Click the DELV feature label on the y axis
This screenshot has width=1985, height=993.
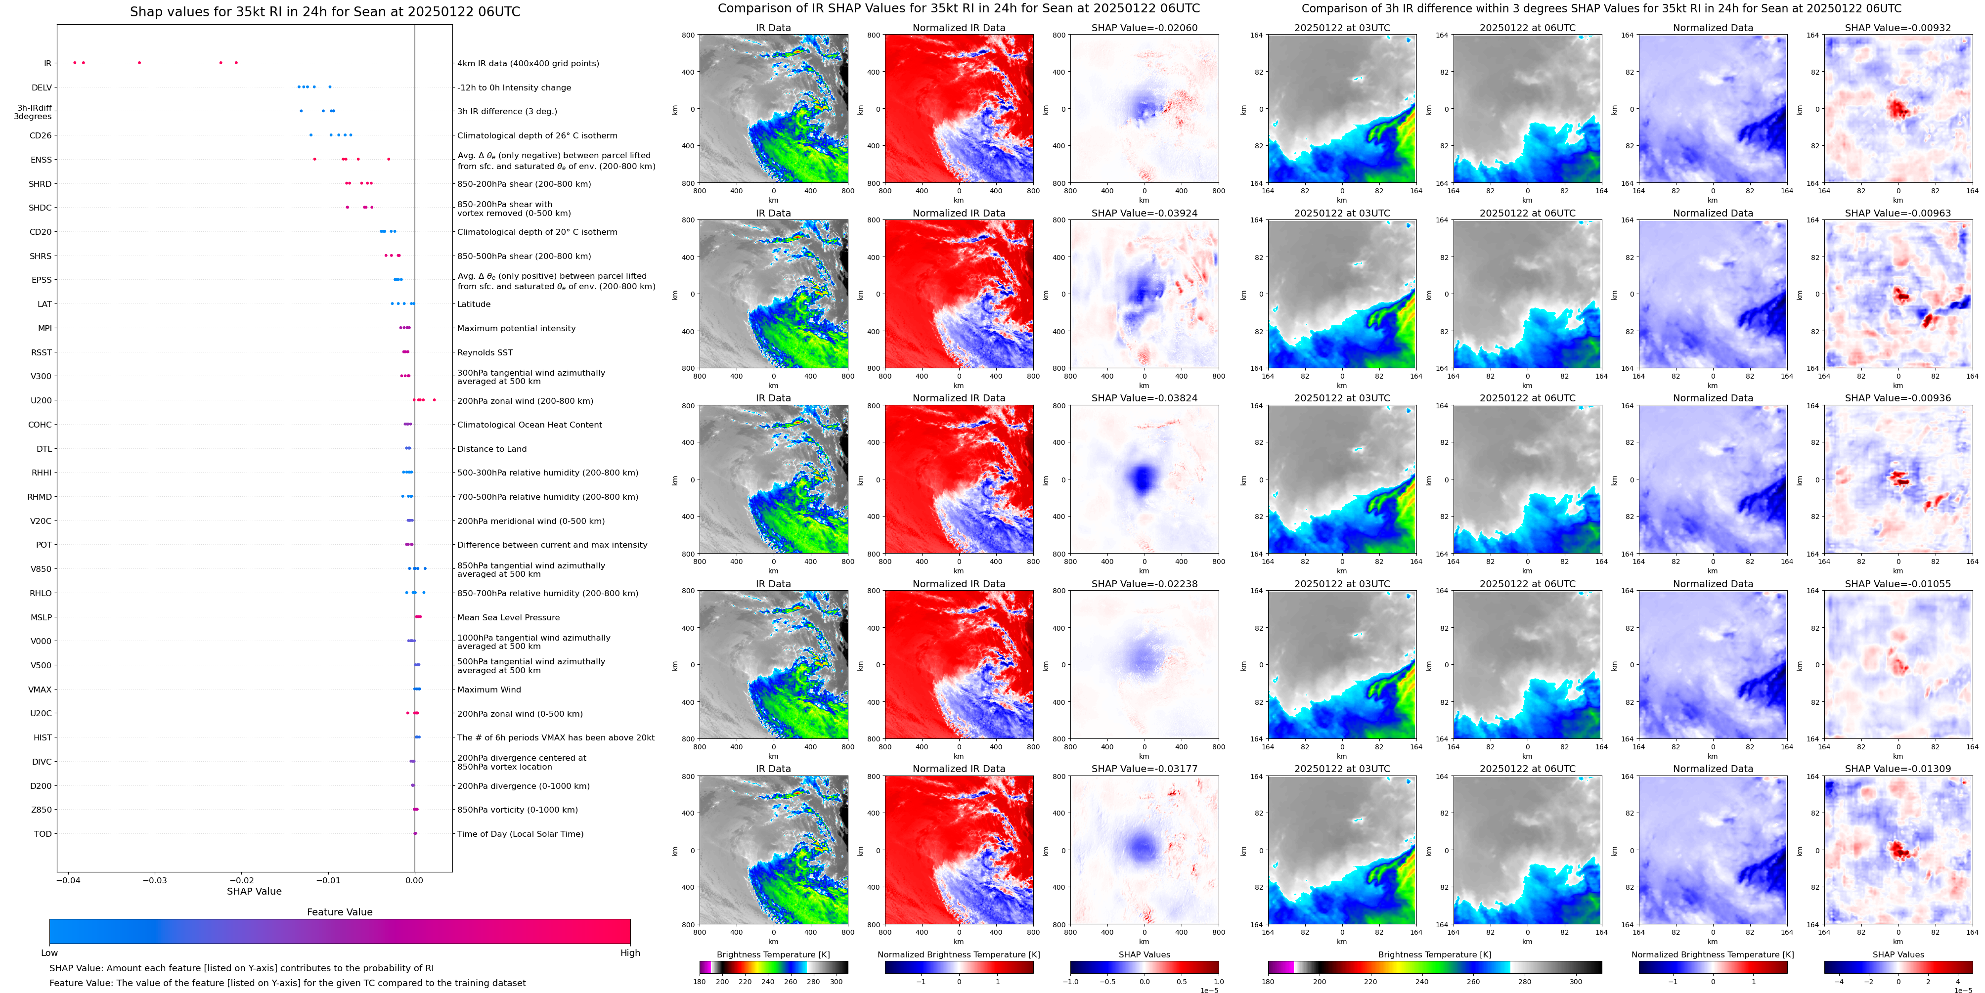(x=42, y=88)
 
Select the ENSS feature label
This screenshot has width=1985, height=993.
(x=42, y=160)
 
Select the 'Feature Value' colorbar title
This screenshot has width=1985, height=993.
(x=339, y=912)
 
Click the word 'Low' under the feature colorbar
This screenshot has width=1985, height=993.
(x=49, y=953)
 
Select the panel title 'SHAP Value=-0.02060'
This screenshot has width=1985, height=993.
(x=1145, y=28)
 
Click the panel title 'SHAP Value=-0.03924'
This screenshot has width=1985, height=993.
(x=1145, y=214)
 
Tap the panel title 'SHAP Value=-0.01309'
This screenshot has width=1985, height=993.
(x=1898, y=769)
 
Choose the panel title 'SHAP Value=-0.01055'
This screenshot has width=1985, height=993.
(x=1898, y=584)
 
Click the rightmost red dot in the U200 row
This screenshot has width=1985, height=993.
(x=435, y=400)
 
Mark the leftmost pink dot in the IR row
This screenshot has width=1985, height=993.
(x=74, y=62)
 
